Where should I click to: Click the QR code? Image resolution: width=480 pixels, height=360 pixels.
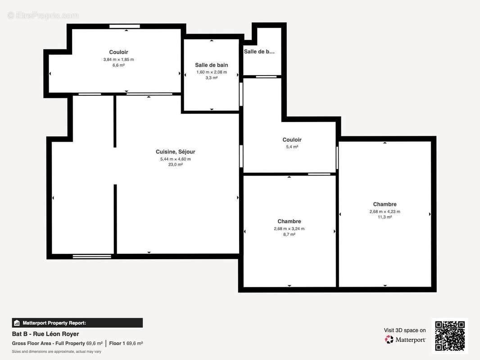[450, 336]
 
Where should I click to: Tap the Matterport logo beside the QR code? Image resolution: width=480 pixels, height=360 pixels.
[405, 340]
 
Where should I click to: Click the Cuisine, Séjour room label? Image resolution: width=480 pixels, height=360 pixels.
[176, 152]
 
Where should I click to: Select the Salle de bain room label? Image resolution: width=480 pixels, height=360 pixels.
[211, 65]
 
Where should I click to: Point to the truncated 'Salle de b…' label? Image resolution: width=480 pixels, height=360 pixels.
[259, 52]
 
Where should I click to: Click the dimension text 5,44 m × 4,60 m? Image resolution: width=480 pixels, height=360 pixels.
[176, 159]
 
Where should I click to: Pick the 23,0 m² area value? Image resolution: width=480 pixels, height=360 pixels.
[176, 165]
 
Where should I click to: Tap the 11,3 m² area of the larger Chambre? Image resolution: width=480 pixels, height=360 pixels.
[385, 217]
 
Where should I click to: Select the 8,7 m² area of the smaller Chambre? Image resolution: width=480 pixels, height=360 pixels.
[289, 234]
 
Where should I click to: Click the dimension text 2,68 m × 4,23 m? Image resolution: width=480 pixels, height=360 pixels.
[385, 211]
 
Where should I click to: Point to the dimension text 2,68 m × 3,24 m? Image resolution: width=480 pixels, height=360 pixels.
[289, 229]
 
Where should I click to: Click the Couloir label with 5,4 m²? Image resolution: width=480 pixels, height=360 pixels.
[292, 140]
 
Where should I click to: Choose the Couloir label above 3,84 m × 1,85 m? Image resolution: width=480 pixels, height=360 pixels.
[118, 53]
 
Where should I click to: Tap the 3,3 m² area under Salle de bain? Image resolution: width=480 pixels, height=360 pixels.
[211, 78]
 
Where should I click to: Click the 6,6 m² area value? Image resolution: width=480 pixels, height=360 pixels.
[118, 65]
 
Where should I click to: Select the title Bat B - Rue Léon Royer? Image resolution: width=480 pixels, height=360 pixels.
[45, 334]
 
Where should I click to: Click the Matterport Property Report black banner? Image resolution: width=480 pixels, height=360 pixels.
[77, 323]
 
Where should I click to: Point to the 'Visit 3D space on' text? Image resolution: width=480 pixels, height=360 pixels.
[404, 330]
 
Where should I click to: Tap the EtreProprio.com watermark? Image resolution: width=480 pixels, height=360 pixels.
[43, 15]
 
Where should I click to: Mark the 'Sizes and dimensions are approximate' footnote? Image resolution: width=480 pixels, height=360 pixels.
[56, 351]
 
